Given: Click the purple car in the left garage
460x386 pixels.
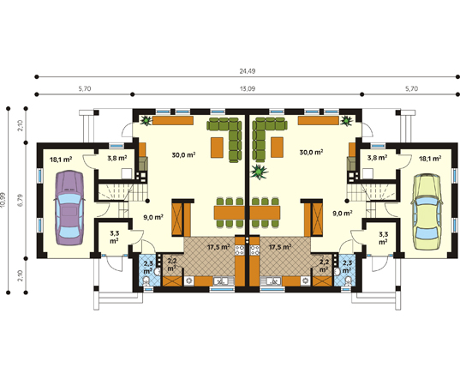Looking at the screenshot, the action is pyautogui.click(x=69, y=208).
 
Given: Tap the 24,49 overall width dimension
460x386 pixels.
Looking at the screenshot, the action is pyautogui.click(x=248, y=71).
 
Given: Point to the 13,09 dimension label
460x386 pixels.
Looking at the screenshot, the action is pyautogui.click(x=248, y=88).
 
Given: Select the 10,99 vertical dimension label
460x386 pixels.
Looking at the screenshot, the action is pyautogui.click(x=3, y=200).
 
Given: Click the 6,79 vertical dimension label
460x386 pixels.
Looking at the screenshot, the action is pyautogui.click(x=21, y=200).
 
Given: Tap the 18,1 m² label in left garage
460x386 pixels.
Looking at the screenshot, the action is pyautogui.click(x=61, y=160).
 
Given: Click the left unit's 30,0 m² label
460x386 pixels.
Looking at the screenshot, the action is pyautogui.click(x=183, y=154).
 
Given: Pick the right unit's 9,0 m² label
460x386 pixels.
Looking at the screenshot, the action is pyautogui.click(x=343, y=213).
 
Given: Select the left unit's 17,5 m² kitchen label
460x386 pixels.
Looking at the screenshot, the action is pyautogui.click(x=218, y=247).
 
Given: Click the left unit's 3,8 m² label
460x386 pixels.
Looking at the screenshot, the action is pyautogui.click(x=117, y=158).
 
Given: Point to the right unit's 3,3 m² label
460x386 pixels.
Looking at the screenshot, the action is pyautogui.click(x=383, y=238).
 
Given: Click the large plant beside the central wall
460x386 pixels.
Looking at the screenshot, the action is pyautogui.click(x=259, y=172).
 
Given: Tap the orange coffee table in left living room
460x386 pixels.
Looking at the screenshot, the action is pyautogui.click(x=217, y=147).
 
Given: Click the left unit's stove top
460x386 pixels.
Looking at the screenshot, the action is pyautogui.click(x=240, y=250).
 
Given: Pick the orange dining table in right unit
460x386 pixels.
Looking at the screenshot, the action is pyautogui.click(x=265, y=213).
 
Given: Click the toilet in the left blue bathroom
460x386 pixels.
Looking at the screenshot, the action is pyautogui.click(x=146, y=280).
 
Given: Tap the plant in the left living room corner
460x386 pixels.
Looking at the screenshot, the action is pyautogui.click(x=146, y=120).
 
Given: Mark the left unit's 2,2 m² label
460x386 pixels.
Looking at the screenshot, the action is pyautogui.click(x=172, y=264).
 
